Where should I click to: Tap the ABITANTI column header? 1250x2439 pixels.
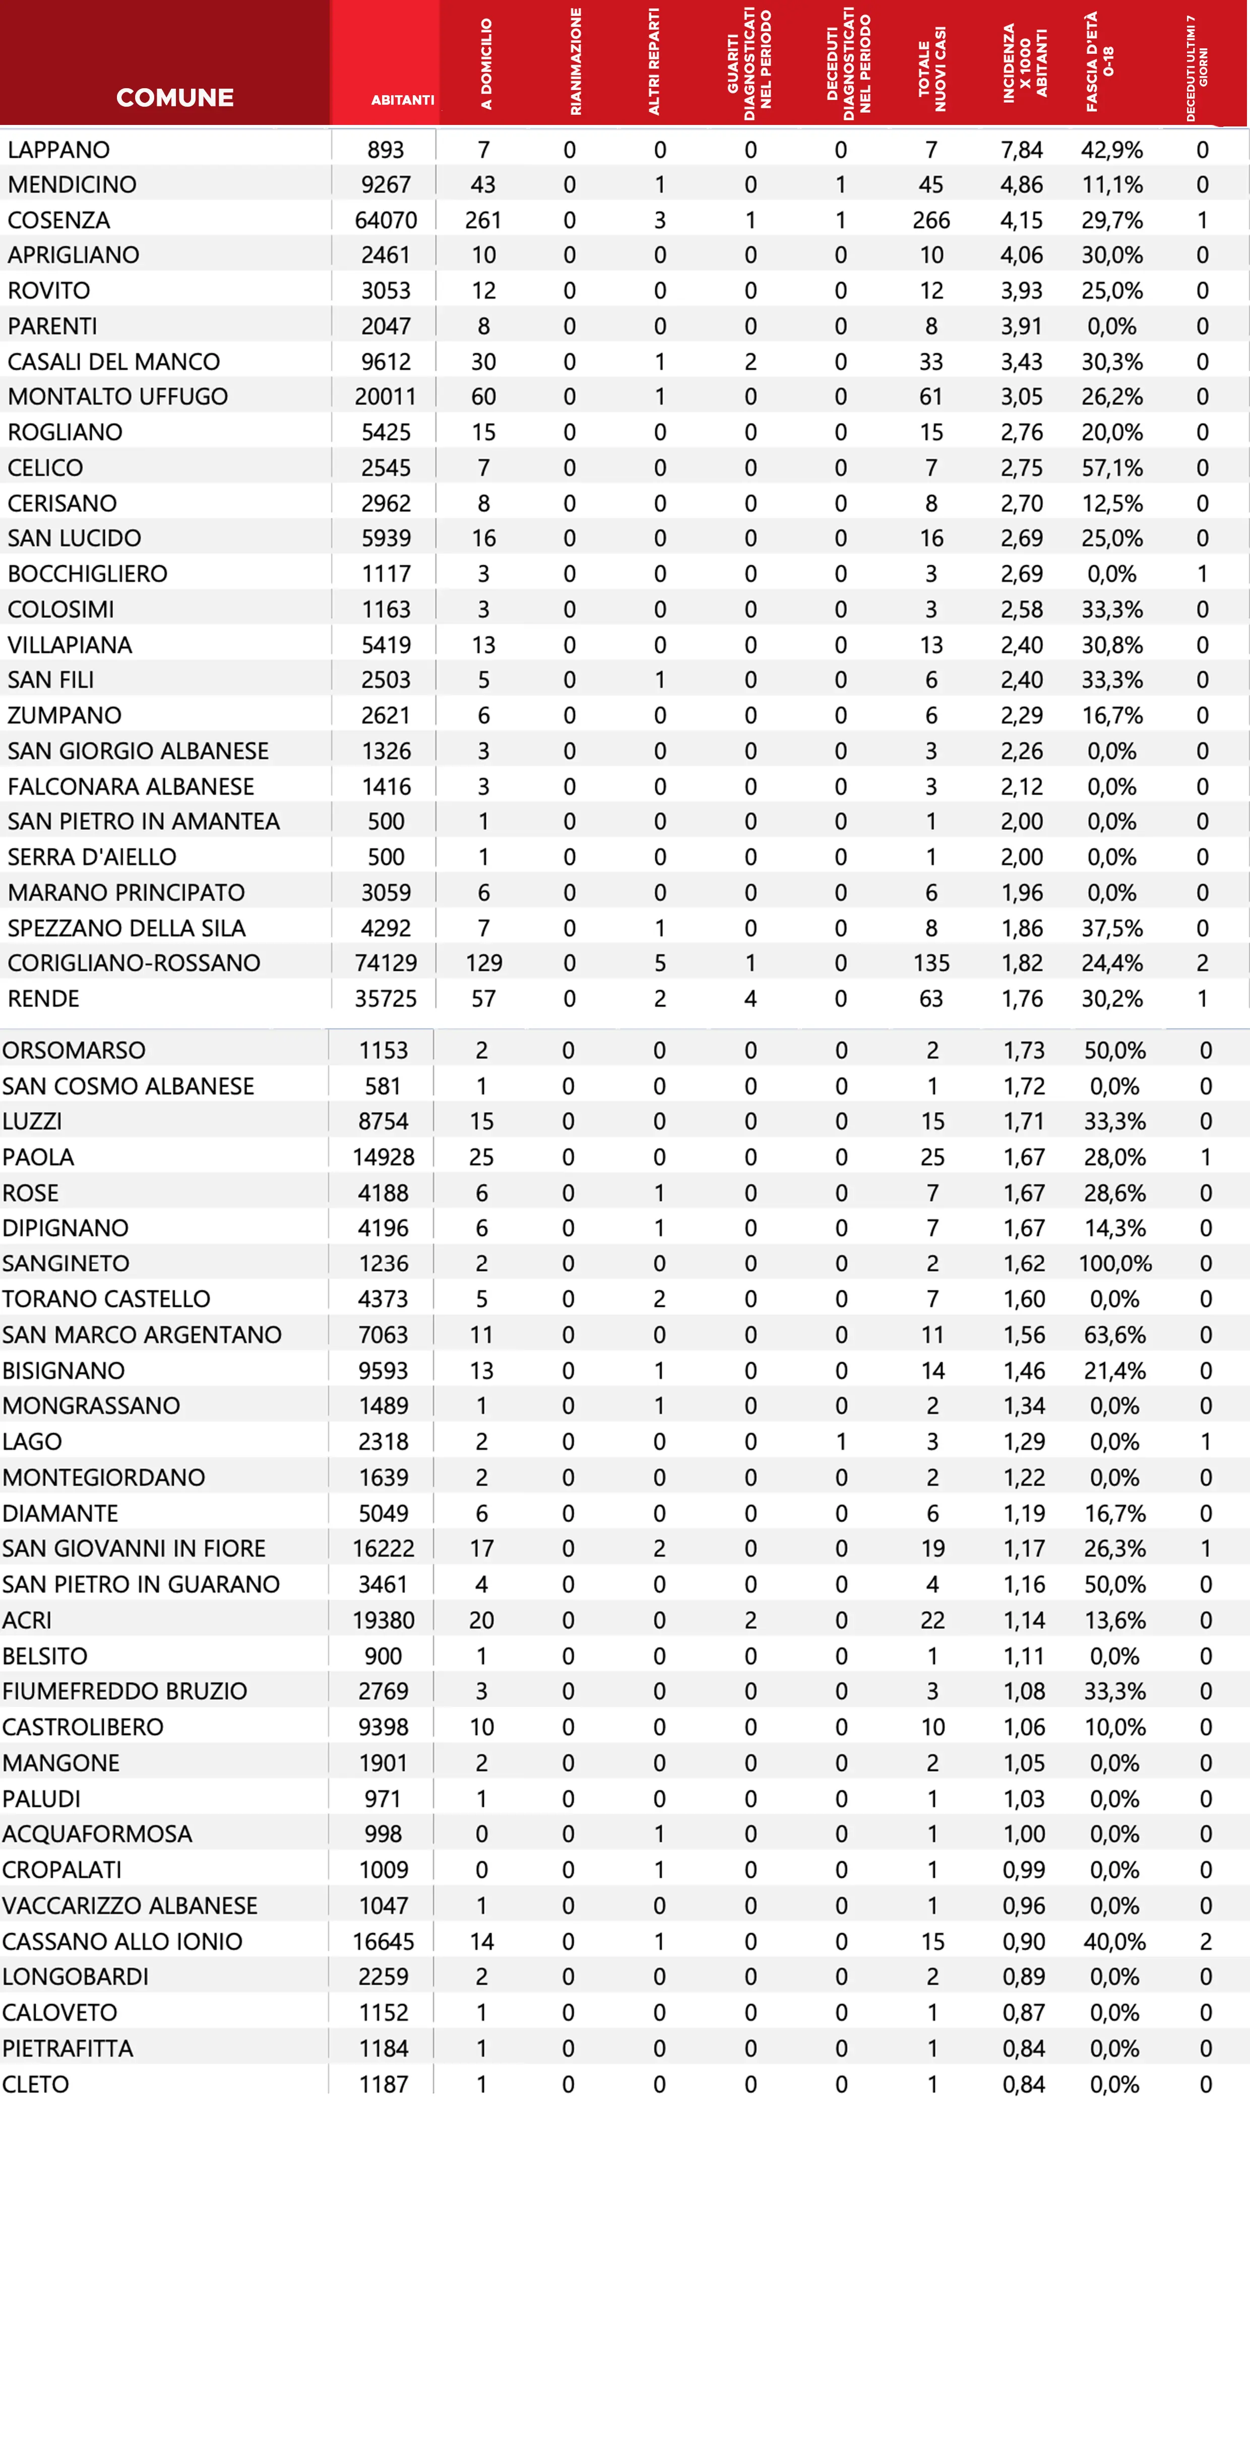tap(402, 99)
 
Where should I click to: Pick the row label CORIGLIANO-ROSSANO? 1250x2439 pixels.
tap(134, 963)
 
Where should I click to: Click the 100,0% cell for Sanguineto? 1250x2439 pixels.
tap(1114, 1263)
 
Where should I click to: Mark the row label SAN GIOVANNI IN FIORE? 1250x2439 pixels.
tap(134, 1548)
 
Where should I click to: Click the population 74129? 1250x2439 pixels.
tap(386, 963)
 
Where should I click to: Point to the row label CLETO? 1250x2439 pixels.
tap(36, 2084)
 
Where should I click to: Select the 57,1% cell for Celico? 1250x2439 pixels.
tap(1112, 468)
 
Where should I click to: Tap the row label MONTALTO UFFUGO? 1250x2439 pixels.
tap(117, 397)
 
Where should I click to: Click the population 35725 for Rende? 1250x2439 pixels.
tap(386, 999)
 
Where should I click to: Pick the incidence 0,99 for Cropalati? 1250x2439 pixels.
tap(1024, 1870)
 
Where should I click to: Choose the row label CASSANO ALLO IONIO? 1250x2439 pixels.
tap(122, 1941)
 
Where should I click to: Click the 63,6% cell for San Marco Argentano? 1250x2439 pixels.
tap(1114, 1335)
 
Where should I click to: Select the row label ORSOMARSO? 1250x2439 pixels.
tap(74, 1050)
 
